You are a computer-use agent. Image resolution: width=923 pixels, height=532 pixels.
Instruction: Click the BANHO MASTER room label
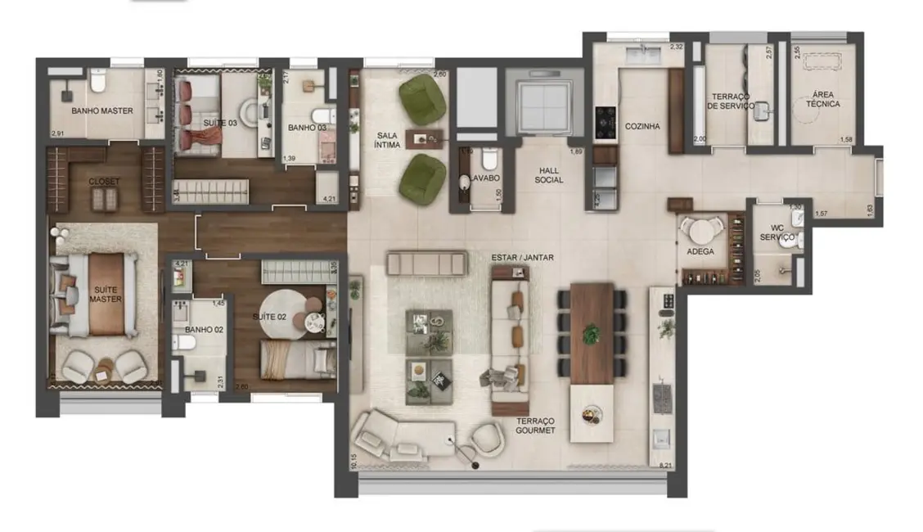tap(101, 110)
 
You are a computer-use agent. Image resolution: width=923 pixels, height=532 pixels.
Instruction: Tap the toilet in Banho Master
tap(98, 80)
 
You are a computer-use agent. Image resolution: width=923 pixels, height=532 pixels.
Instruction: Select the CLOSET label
tap(104, 181)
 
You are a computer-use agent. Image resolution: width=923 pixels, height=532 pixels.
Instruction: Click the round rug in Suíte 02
tap(292, 310)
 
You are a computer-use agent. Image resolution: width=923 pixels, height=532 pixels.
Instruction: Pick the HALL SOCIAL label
tap(549, 174)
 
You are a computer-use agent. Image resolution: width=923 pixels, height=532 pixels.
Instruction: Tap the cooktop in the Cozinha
tap(606, 123)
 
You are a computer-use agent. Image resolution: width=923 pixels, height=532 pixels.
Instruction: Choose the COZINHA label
tap(642, 127)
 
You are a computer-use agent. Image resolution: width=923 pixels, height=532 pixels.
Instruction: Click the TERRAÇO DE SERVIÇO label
tap(727, 101)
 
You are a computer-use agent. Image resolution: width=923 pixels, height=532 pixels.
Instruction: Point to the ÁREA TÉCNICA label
tap(822, 99)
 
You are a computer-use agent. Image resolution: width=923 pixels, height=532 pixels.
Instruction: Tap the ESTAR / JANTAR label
tap(522, 257)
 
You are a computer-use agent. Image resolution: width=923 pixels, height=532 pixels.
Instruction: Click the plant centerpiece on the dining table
tap(591, 333)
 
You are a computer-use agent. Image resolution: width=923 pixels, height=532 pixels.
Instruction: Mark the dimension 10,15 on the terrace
tap(353, 461)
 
